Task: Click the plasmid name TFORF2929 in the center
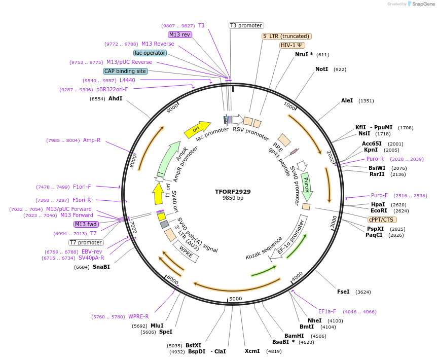coord(233,192)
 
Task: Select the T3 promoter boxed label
coord(246,25)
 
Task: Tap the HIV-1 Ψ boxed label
coord(292,45)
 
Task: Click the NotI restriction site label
coord(321,69)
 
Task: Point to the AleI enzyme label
coord(347,101)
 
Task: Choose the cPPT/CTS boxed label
coord(382,220)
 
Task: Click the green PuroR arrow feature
coord(306,185)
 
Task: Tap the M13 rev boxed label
coord(180,34)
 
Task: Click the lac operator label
coord(150,53)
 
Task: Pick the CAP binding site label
coord(125,71)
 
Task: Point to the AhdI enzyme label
coord(115,99)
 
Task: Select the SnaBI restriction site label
coord(101,267)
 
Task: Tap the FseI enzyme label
coord(343,292)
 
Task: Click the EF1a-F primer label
coord(327,311)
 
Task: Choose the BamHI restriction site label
coord(294,336)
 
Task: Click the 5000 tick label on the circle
coord(236,299)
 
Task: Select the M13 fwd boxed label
coord(86,224)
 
